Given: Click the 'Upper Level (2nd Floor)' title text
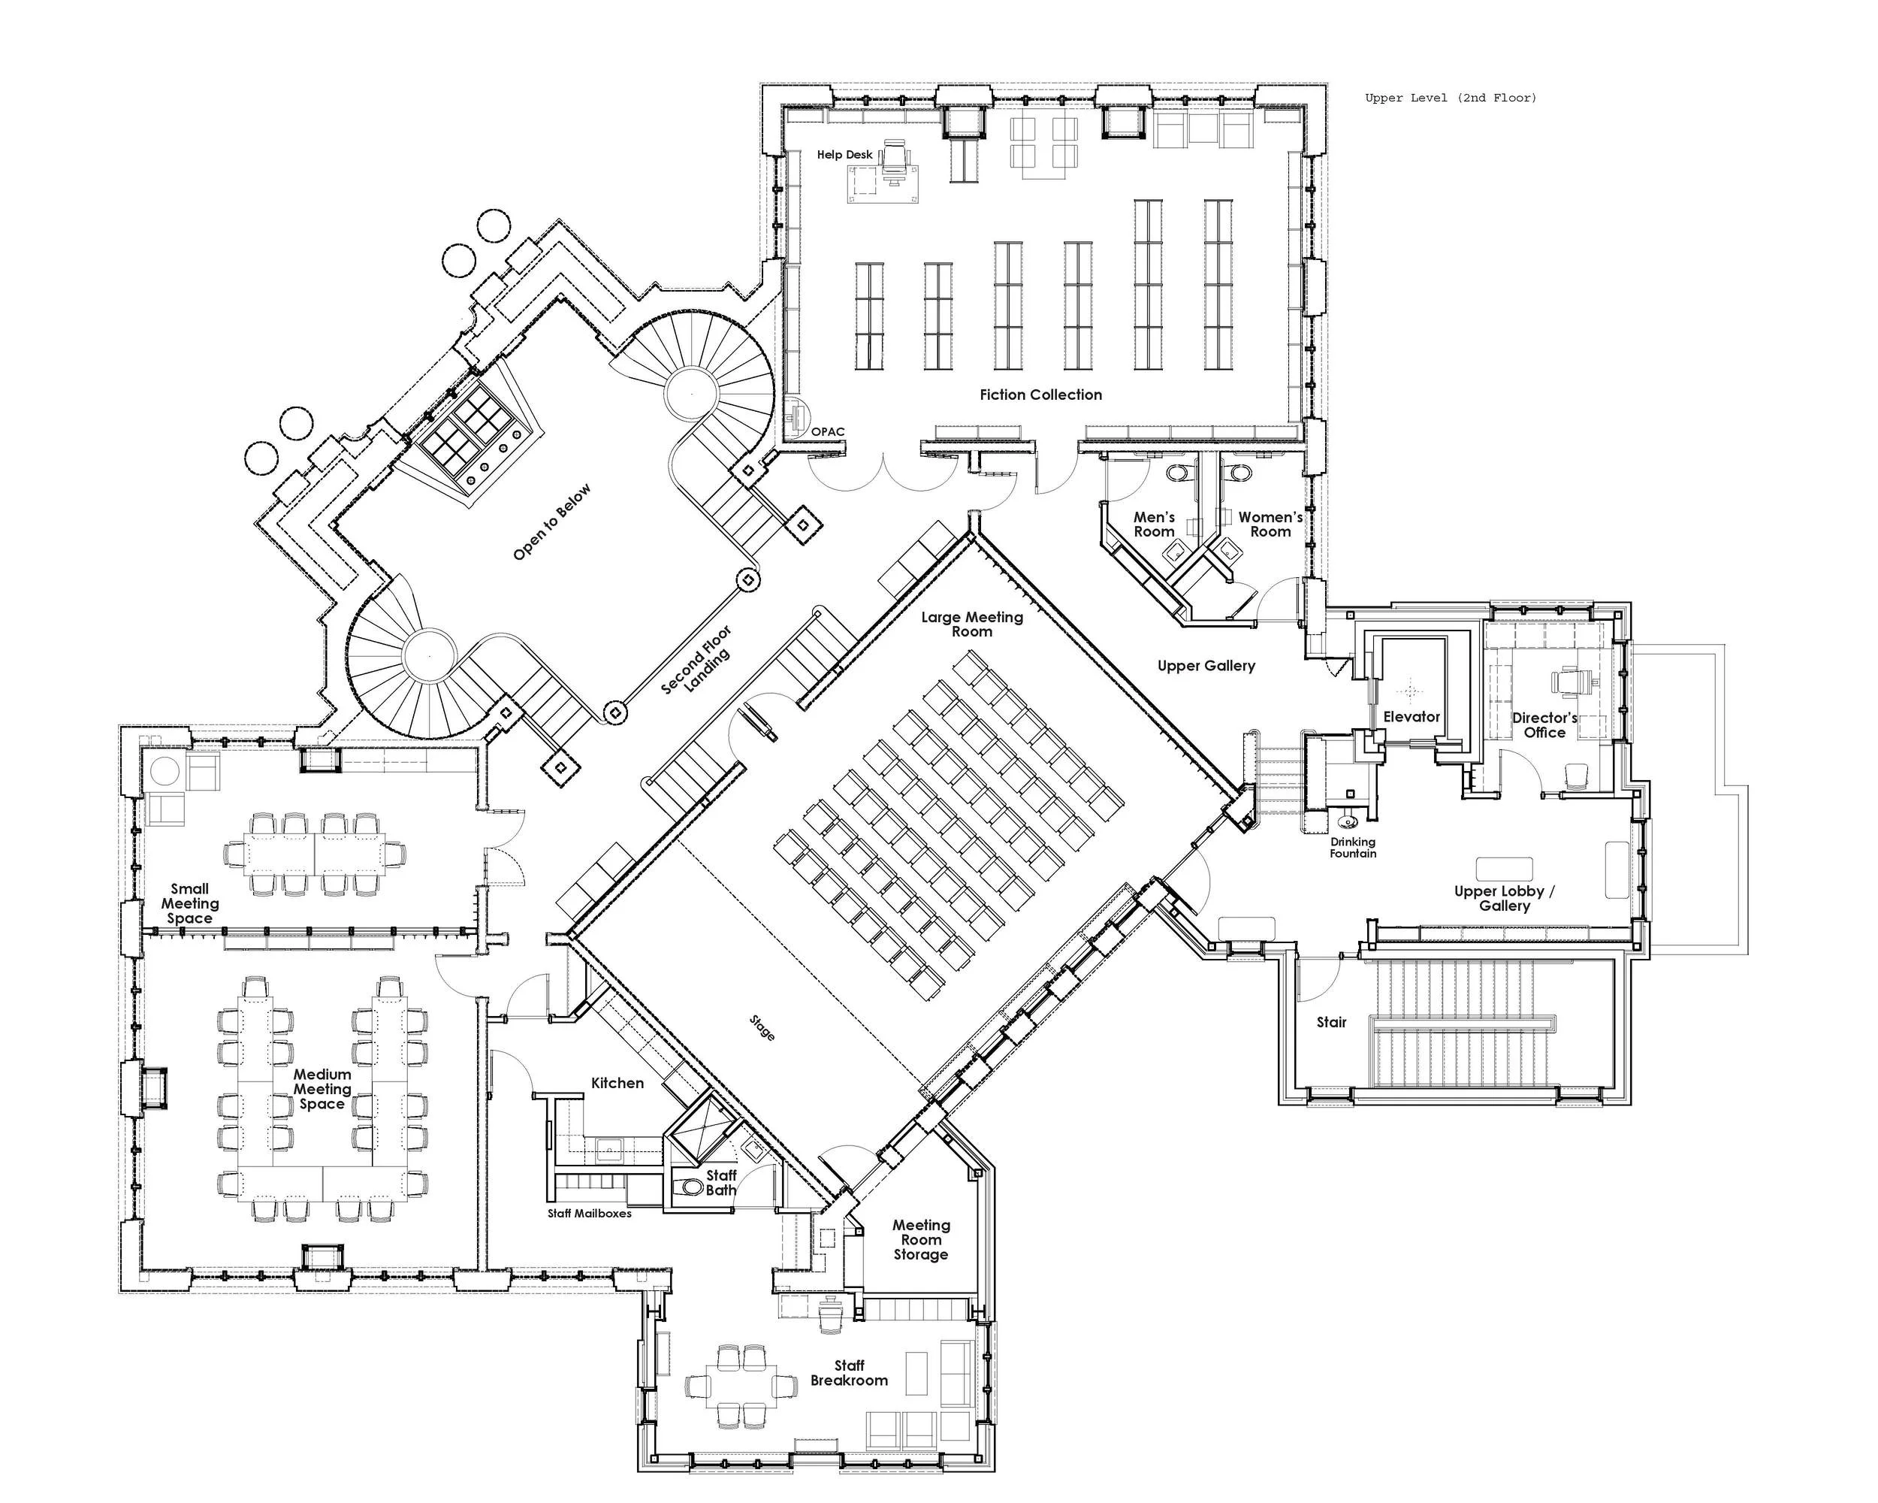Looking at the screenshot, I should (x=1451, y=98).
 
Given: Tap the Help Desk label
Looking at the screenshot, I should (x=844, y=154).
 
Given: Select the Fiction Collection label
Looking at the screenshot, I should (x=1040, y=395).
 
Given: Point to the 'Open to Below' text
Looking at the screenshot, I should (x=551, y=522).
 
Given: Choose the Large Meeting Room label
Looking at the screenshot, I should (x=971, y=624).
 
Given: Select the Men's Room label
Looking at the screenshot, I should (x=1153, y=524).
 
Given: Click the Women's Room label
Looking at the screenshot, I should (x=1270, y=524).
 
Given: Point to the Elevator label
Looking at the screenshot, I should (x=1411, y=716).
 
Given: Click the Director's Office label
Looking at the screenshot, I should (x=1544, y=725).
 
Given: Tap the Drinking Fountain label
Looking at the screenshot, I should (x=1352, y=847).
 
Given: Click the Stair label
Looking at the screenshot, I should (x=1331, y=1022).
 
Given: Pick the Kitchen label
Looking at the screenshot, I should (x=617, y=1083).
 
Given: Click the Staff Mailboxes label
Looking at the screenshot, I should (x=589, y=1213).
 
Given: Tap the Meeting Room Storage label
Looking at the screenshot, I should (x=921, y=1239).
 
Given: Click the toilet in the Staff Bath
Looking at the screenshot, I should (x=693, y=1187).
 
